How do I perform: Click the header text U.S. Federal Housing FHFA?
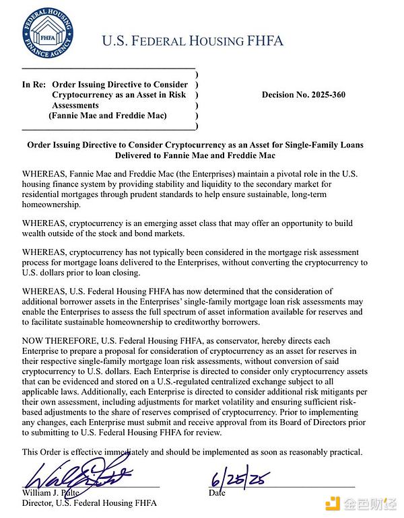(193, 41)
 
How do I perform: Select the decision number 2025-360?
(303, 95)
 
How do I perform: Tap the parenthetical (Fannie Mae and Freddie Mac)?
(108, 116)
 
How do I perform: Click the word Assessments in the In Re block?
(75, 106)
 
